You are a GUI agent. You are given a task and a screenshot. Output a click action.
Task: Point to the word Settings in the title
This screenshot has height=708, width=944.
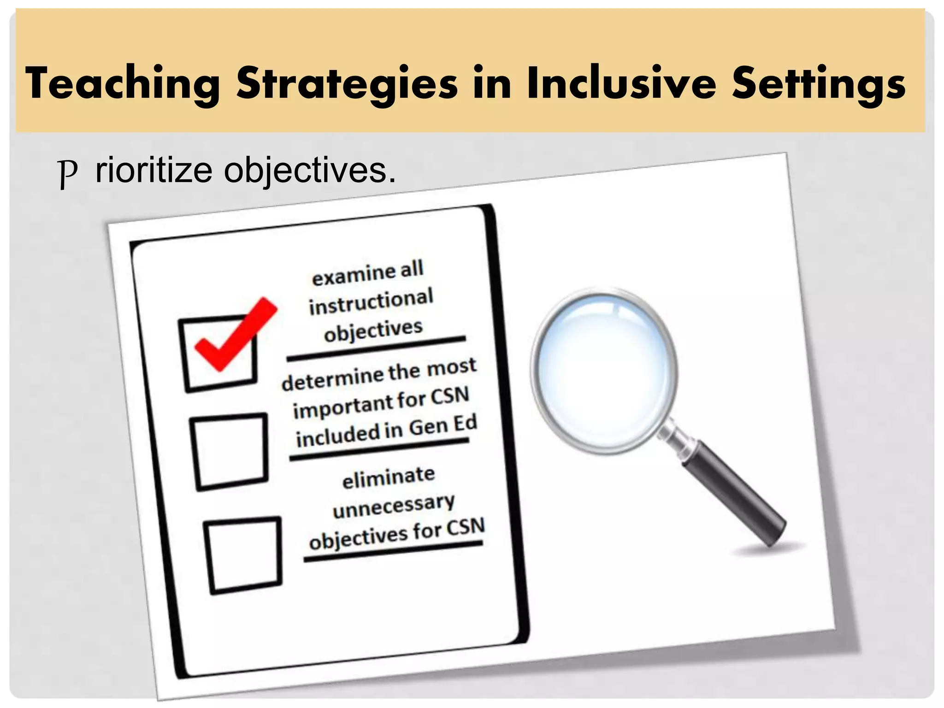(x=819, y=83)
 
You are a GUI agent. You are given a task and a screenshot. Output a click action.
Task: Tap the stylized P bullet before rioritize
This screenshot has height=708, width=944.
(x=68, y=172)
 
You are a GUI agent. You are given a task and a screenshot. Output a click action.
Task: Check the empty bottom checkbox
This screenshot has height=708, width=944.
(x=243, y=555)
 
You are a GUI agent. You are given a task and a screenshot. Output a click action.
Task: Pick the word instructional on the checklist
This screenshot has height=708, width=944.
(x=371, y=302)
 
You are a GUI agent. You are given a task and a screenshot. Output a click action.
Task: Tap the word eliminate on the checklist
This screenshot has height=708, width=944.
(x=389, y=478)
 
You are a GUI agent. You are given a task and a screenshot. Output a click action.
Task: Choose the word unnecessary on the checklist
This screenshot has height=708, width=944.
(x=394, y=506)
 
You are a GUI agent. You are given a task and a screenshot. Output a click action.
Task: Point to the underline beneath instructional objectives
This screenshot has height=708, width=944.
(x=376, y=349)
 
